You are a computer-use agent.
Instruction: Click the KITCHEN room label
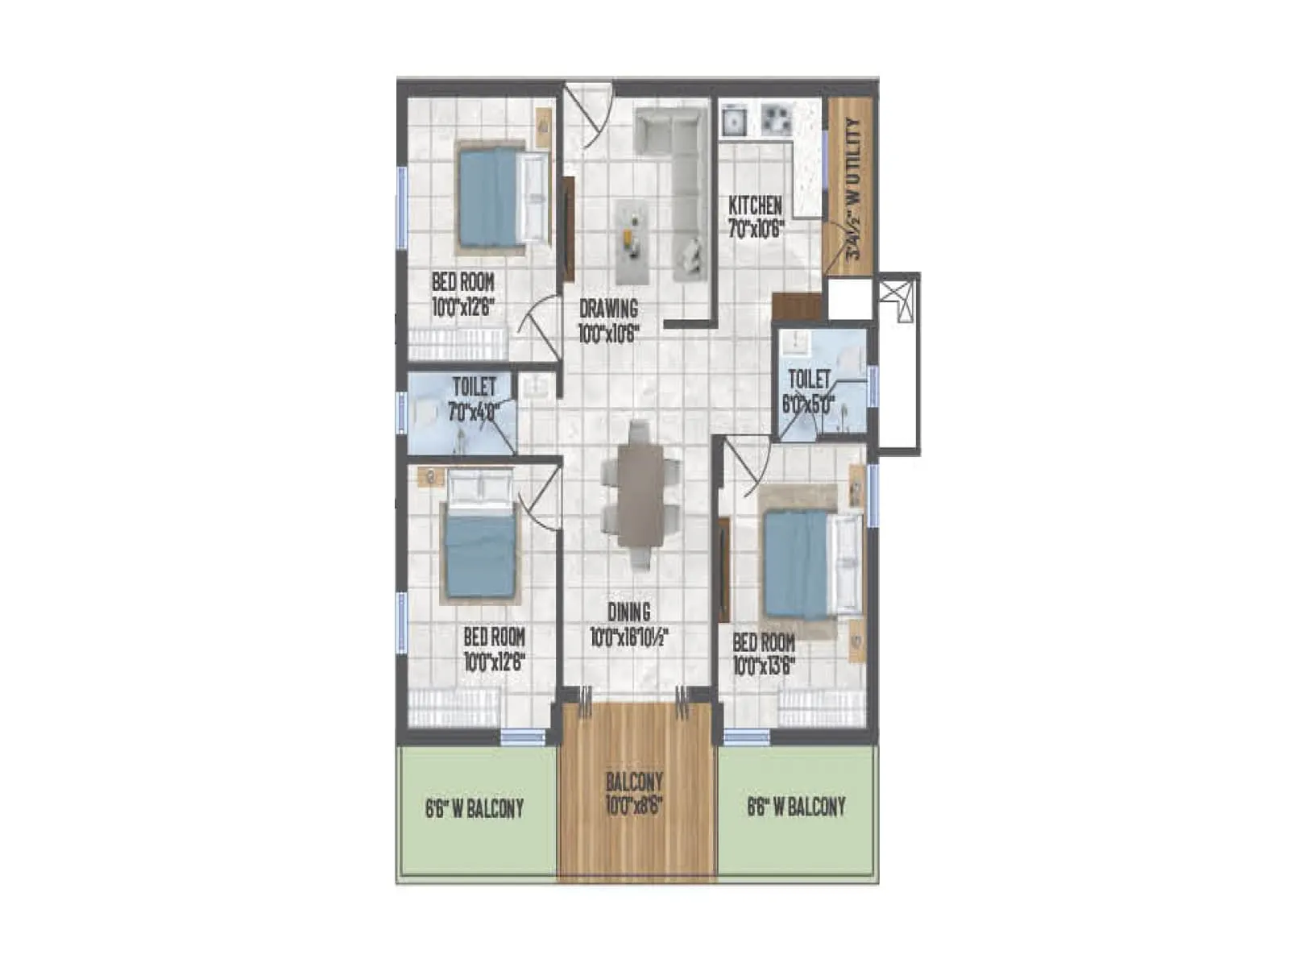pos(755,205)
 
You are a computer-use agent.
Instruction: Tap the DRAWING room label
pos(608,309)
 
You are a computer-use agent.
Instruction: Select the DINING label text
pos(629,613)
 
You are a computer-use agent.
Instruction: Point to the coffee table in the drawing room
pos(632,241)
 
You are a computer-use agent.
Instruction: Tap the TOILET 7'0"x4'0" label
pos(474,398)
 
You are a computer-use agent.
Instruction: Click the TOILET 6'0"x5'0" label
pos(809,392)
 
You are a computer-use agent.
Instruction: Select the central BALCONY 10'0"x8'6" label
pos(635,794)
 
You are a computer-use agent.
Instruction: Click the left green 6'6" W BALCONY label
pos(475,808)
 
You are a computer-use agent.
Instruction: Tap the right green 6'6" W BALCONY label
pos(796,807)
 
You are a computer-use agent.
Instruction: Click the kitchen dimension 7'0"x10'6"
pos(756,230)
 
